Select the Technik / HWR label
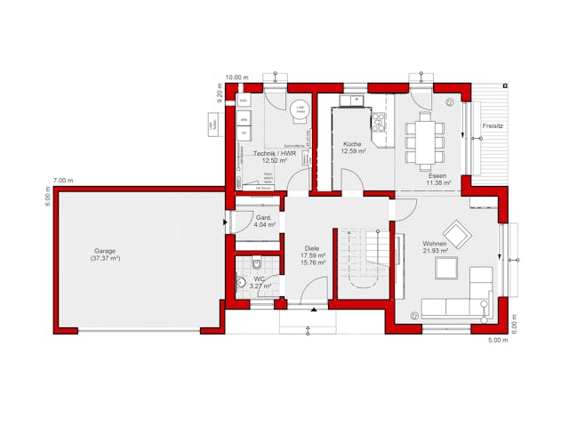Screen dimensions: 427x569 click(x=274, y=154)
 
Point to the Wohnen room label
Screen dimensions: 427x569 click(x=434, y=243)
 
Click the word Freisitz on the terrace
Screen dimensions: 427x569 click(x=493, y=126)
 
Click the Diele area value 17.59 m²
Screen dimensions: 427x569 click(x=312, y=256)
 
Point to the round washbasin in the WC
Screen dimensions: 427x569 click(x=240, y=282)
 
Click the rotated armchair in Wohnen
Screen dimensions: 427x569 click(x=459, y=236)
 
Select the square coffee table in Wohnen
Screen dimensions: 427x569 click(x=445, y=270)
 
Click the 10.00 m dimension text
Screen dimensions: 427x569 click(x=237, y=77)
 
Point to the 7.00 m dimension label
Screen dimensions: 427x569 click(x=63, y=181)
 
